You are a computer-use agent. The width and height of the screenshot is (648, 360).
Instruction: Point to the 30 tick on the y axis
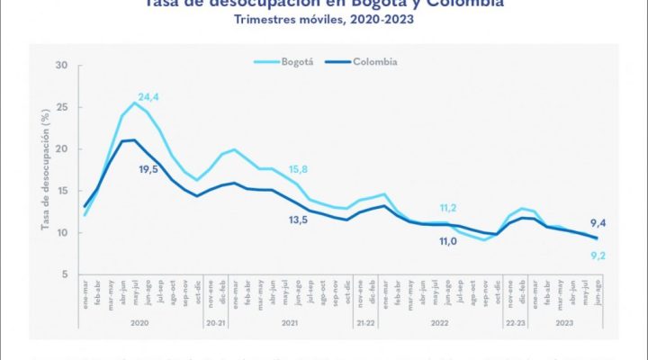(x=61, y=65)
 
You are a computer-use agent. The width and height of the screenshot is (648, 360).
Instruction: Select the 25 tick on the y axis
(x=61, y=107)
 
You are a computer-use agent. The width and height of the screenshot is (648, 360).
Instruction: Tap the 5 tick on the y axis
(x=64, y=274)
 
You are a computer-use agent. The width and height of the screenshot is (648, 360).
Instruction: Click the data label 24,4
(x=148, y=96)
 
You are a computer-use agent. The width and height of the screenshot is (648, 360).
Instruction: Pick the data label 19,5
(x=148, y=168)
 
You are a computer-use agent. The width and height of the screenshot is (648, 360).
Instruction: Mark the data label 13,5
(x=299, y=219)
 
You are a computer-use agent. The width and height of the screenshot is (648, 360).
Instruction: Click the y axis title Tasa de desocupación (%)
(x=44, y=169)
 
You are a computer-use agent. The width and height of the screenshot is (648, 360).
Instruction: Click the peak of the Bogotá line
(x=135, y=103)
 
